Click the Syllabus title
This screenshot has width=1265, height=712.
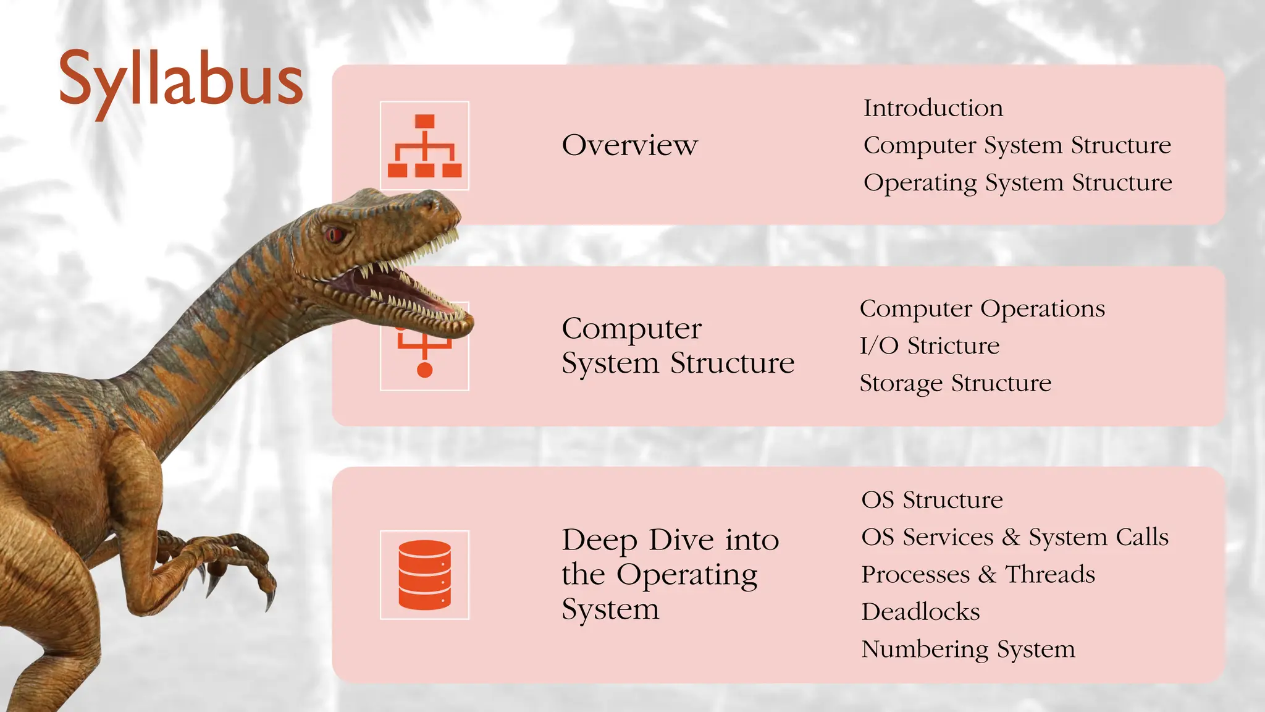click(180, 79)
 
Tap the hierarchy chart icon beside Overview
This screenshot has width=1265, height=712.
click(424, 146)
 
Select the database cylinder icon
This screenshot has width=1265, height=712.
click(424, 575)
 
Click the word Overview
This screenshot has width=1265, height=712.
click(629, 145)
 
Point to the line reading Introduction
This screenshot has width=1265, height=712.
click(933, 108)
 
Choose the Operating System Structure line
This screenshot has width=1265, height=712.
click(1017, 183)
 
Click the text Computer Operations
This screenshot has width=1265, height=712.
click(982, 308)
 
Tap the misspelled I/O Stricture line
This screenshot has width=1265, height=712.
click(929, 345)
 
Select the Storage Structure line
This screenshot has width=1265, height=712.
click(955, 383)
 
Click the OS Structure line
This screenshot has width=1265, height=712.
click(931, 500)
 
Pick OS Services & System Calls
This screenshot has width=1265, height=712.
click(1014, 537)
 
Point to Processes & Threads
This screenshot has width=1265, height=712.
click(978, 575)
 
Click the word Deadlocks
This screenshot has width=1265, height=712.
click(920, 612)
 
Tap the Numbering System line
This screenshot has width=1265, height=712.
click(968, 649)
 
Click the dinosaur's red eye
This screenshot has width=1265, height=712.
click(335, 234)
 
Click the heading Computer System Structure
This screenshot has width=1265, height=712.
click(678, 345)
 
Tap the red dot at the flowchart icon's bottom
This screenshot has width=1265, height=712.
click(424, 370)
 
